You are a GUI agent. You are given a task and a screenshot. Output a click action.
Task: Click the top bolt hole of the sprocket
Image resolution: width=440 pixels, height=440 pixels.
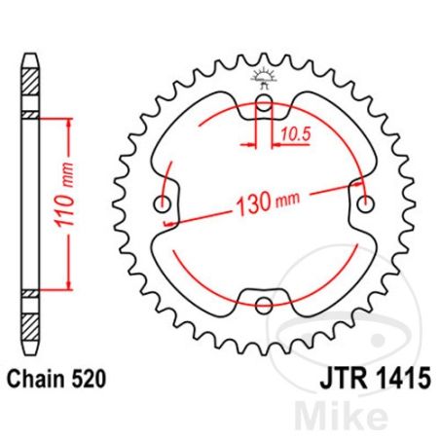point(265,106)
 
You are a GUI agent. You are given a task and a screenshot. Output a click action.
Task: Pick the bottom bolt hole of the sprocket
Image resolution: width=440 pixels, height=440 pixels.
point(263,305)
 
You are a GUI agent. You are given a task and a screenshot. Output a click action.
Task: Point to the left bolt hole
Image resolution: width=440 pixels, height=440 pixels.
point(164,204)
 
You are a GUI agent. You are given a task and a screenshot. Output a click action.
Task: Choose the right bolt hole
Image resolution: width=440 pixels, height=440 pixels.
point(366,204)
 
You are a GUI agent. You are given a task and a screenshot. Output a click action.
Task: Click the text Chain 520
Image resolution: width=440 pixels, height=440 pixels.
point(56,375)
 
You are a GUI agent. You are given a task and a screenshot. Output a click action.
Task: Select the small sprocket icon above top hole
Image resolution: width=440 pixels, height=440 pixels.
point(265,78)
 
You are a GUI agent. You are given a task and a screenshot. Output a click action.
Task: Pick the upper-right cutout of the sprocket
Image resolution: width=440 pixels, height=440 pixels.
point(331,131)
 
